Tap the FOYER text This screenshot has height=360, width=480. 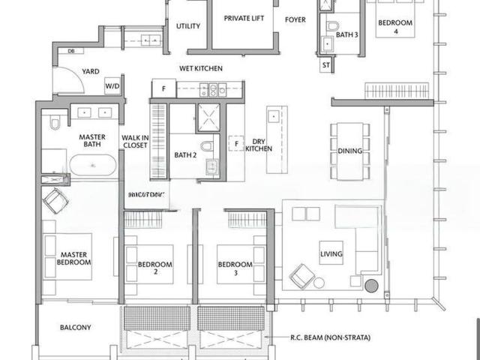pyautogui.click(x=295, y=20)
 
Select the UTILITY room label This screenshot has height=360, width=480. pyautogui.click(x=187, y=26)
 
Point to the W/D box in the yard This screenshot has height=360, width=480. pyautogui.click(x=112, y=87)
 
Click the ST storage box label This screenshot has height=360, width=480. pyautogui.click(x=325, y=65)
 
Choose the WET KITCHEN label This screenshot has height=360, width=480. pyautogui.click(x=200, y=68)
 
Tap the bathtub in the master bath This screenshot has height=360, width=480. pyautogui.click(x=93, y=166)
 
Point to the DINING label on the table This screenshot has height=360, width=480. pyautogui.click(x=349, y=151)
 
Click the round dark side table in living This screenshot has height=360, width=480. pyautogui.click(x=371, y=286)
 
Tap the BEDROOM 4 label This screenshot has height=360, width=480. pyautogui.click(x=395, y=28)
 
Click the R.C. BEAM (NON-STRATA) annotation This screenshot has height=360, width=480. pyautogui.click(x=330, y=338)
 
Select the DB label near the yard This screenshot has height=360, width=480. pyautogui.click(x=71, y=51)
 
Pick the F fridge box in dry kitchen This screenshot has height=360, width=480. pyautogui.click(x=236, y=142)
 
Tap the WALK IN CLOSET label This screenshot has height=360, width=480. pyautogui.click(x=135, y=141)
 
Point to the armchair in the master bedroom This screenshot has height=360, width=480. pyautogui.click(x=55, y=200)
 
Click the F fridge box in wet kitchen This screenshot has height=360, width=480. pyautogui.click(x=163, y=88)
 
